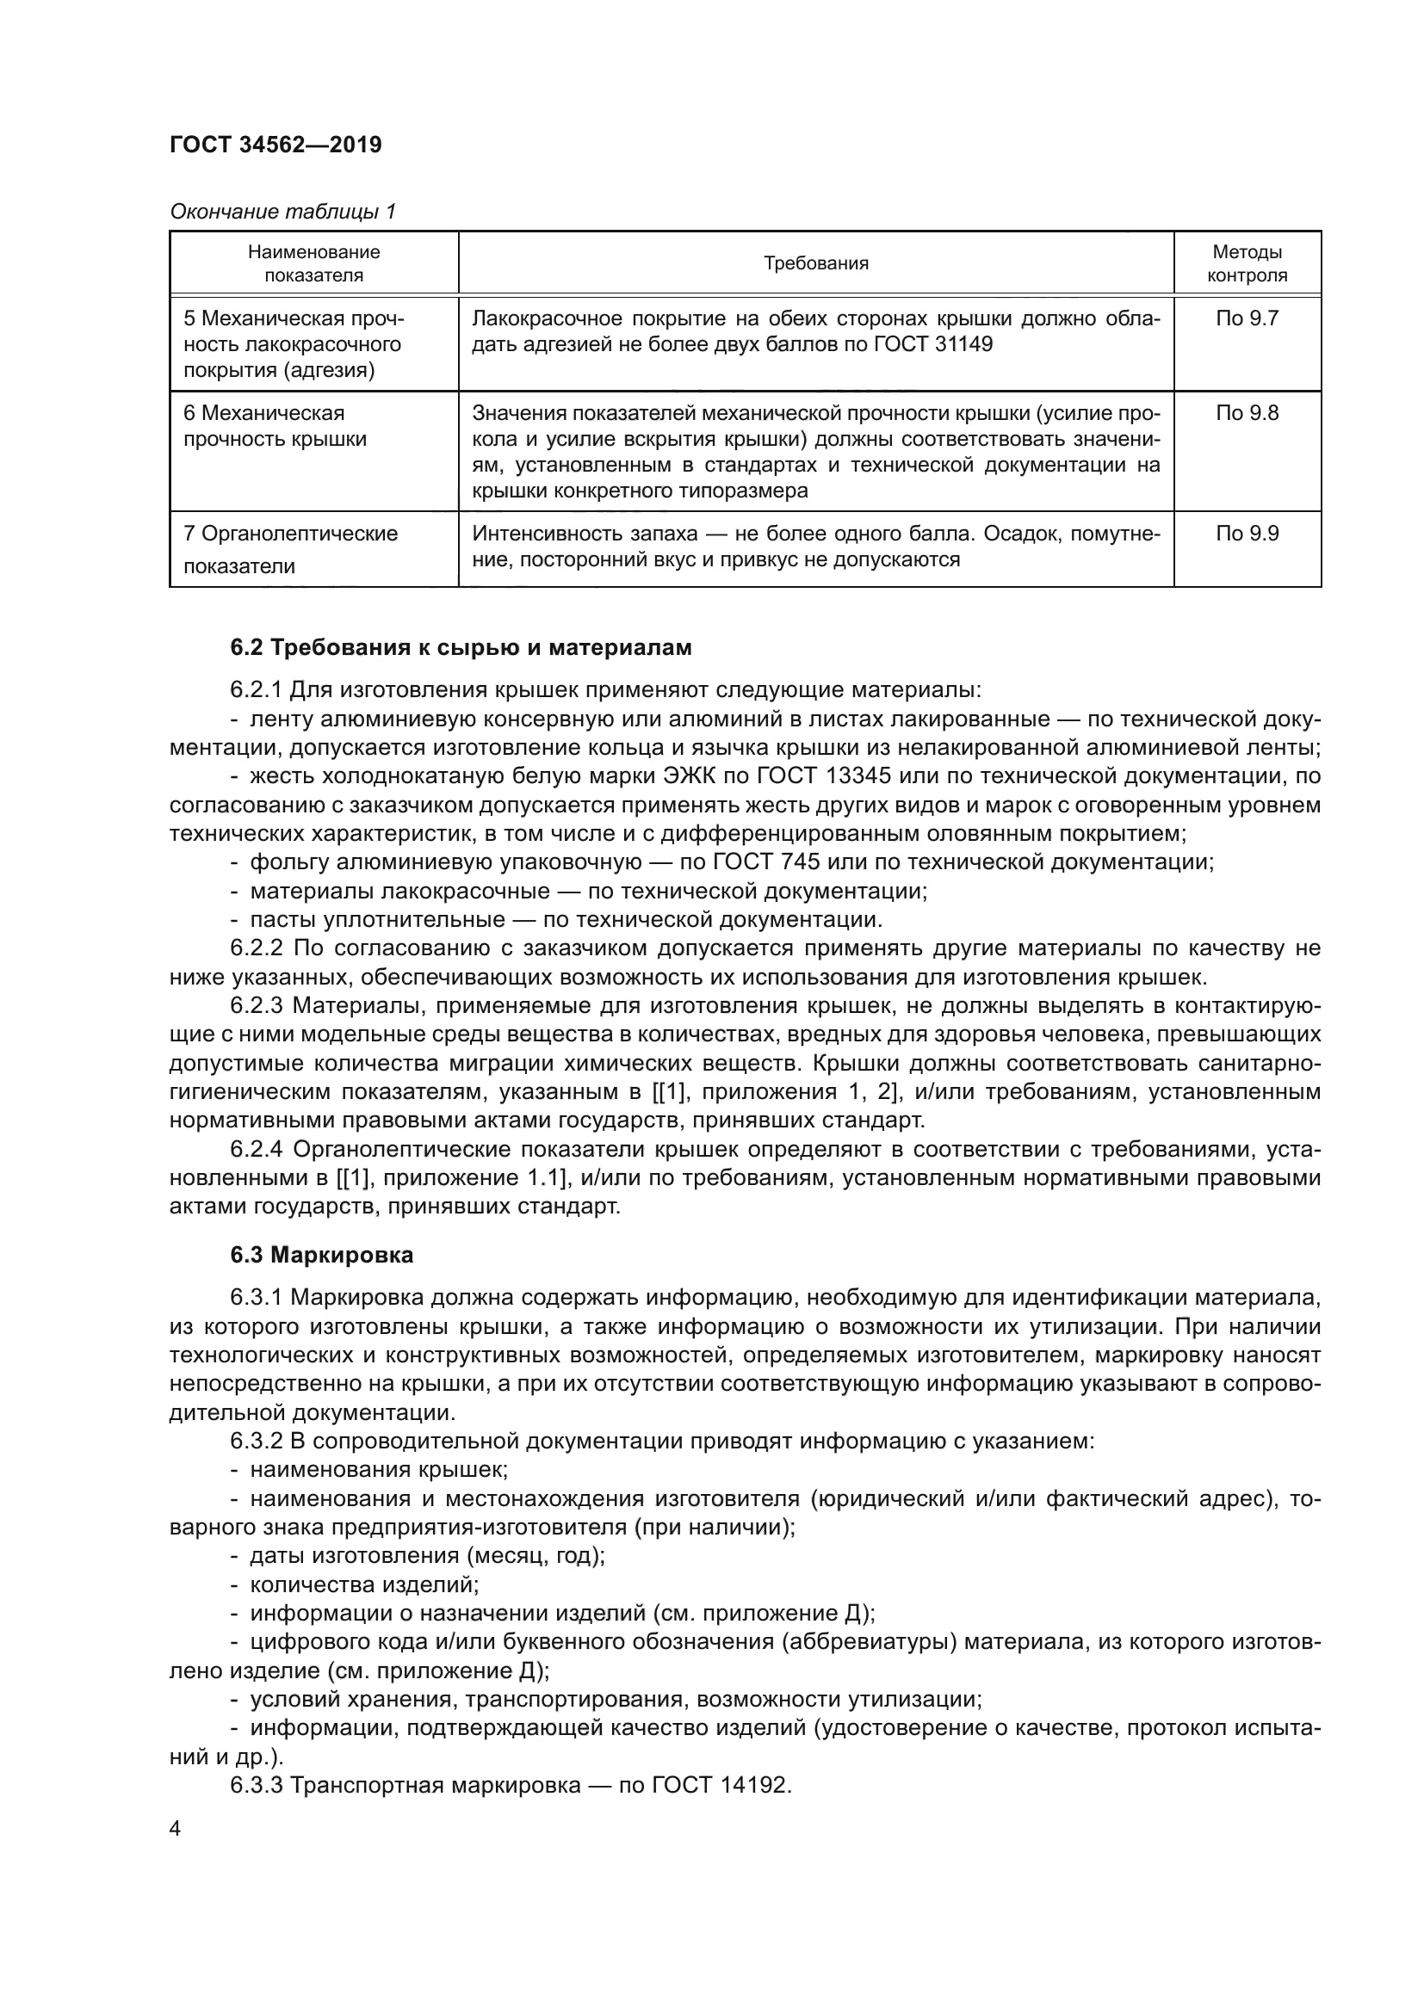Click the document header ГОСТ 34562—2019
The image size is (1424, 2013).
[276, 145]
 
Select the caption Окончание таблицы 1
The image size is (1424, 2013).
[282, 212]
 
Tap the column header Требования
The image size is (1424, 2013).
[815, 263]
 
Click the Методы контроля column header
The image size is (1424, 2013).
[1247, 263]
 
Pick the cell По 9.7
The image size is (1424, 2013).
[1247, 318]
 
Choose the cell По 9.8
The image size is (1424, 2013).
[1247, 413]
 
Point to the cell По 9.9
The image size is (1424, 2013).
[1247, 533]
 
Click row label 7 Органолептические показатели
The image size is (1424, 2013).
[290, 549]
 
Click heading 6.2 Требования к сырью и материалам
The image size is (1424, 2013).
[461, 648]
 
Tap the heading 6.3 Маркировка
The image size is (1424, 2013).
[322, 1256]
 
